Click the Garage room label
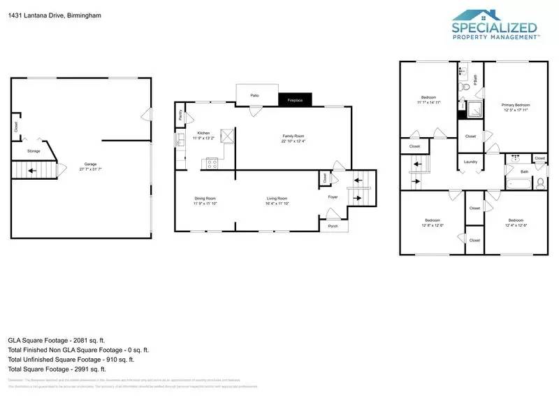pos(85,166)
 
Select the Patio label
pos(254,94)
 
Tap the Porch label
pos(333,225)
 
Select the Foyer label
pos(333,197)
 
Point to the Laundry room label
pos(470,162)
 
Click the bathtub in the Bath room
pos(520,185)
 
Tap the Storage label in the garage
pos(34,150)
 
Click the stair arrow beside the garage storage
pos(29,170)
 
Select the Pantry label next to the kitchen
pos(181,117)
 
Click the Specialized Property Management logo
pos(495,26)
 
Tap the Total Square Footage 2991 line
pos(57,369)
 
